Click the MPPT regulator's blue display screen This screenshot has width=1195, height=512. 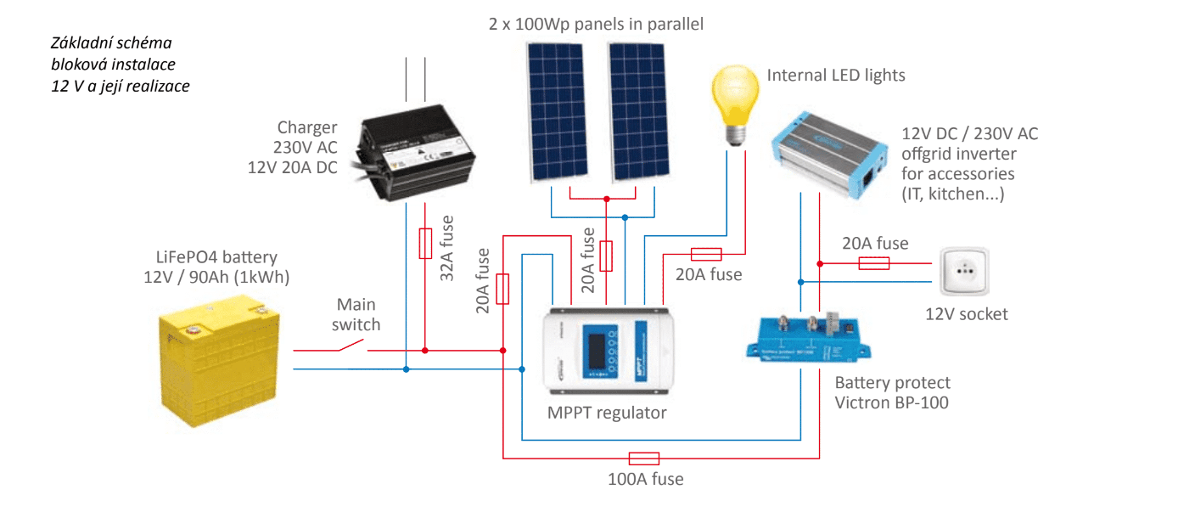(x=597, y=351)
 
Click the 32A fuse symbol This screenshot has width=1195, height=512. (x=426, y=243)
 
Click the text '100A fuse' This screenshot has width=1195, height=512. (x=645, y=479)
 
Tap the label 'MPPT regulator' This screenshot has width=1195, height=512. (x=607, y=414)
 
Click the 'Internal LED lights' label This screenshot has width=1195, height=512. (x=835, y=76)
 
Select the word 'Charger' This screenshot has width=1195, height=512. (x=306, y=128)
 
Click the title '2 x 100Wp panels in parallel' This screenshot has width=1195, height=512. (x=596, y=24)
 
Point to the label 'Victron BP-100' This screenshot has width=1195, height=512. (x=891, y=402)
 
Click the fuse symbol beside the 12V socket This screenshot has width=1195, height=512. (x=873, y=263)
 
